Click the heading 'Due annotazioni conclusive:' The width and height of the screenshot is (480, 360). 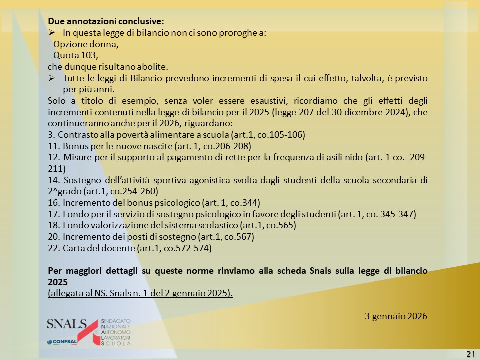pos(105,22)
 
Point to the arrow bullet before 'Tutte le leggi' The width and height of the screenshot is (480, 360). pos(51,78)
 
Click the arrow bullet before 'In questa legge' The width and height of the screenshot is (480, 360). pos(51,33)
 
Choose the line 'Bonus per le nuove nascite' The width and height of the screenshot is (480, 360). pos(150,146)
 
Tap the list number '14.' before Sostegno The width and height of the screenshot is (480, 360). pos(54,180)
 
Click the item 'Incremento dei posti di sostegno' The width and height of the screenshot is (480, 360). pos(151,237)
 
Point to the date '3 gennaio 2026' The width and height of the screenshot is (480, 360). pos(396,316)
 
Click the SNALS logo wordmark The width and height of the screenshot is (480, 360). pos(66,324)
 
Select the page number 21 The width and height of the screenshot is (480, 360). pos(470,354)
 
